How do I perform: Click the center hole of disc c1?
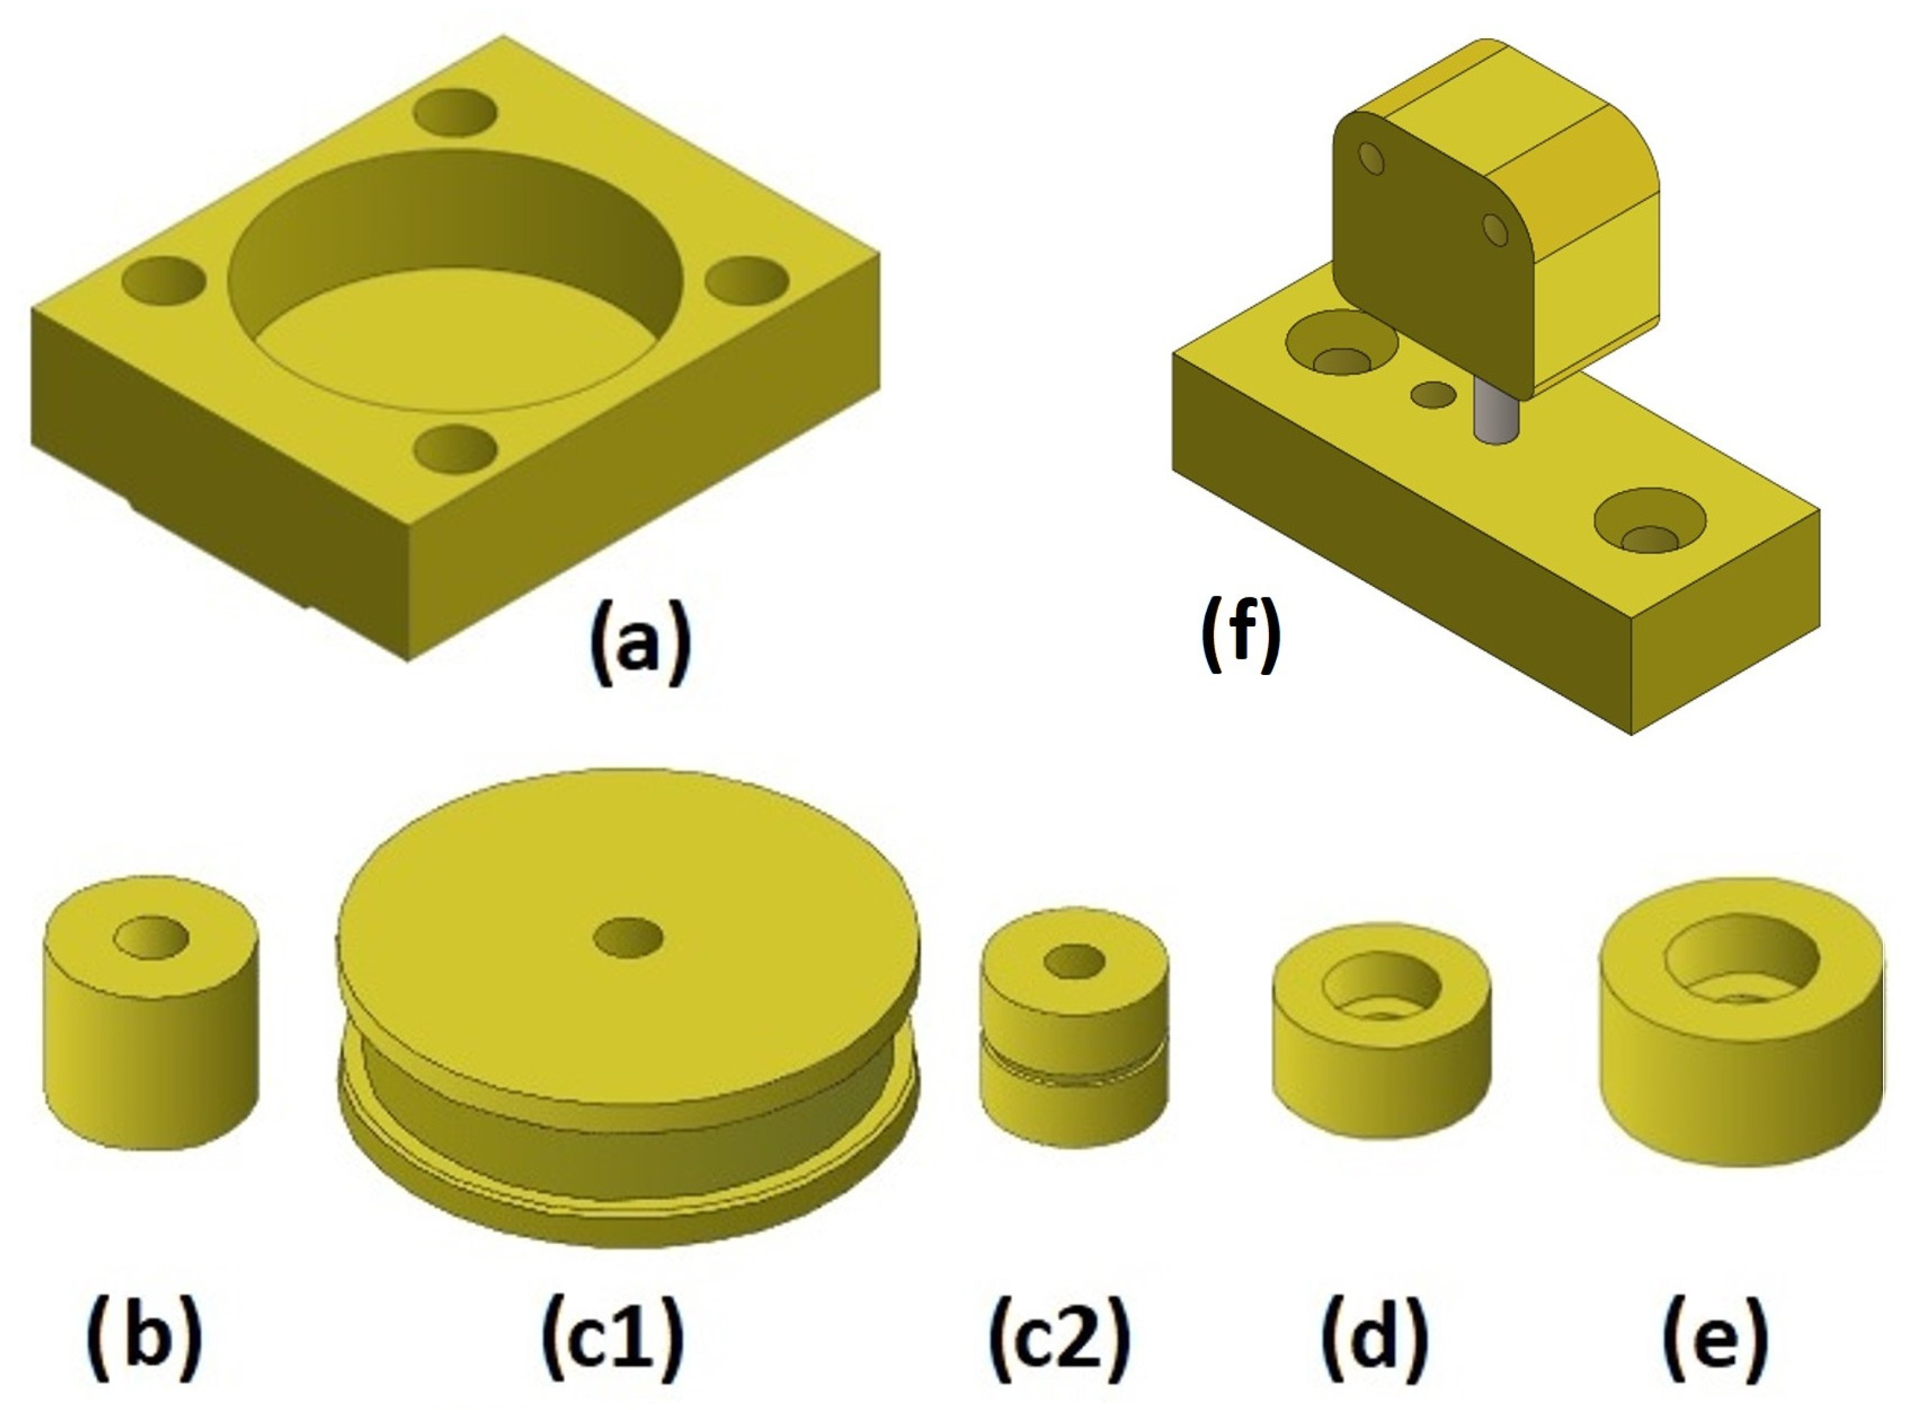coord(628,937)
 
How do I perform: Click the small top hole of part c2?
coord(1074,962)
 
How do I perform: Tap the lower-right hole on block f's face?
coord(1494,229)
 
